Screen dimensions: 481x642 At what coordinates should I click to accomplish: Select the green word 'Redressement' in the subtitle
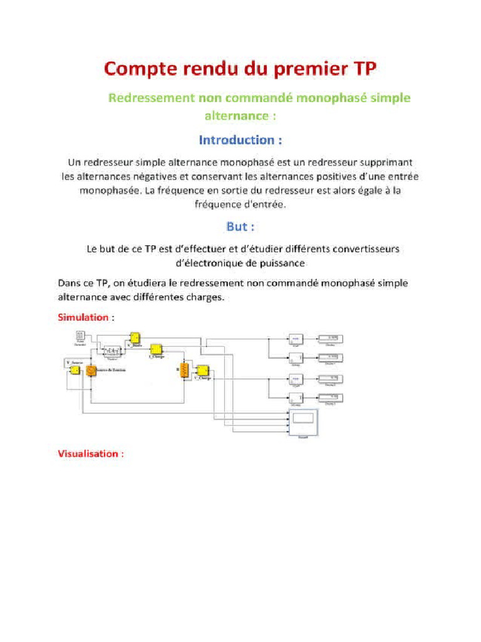pos(152,98)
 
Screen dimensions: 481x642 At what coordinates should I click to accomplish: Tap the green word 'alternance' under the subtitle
pos(235,116)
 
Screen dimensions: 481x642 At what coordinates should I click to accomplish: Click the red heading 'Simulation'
pos(83,317)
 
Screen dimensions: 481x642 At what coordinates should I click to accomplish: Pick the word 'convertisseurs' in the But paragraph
pos(365,249)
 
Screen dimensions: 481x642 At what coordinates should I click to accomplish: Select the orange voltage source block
pos(91,371)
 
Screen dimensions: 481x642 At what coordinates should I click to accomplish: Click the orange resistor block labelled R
pos(185,369)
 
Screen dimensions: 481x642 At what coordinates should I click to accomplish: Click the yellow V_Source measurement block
pos(75,369)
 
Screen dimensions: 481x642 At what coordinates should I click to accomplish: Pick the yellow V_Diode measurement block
pos(135,339)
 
